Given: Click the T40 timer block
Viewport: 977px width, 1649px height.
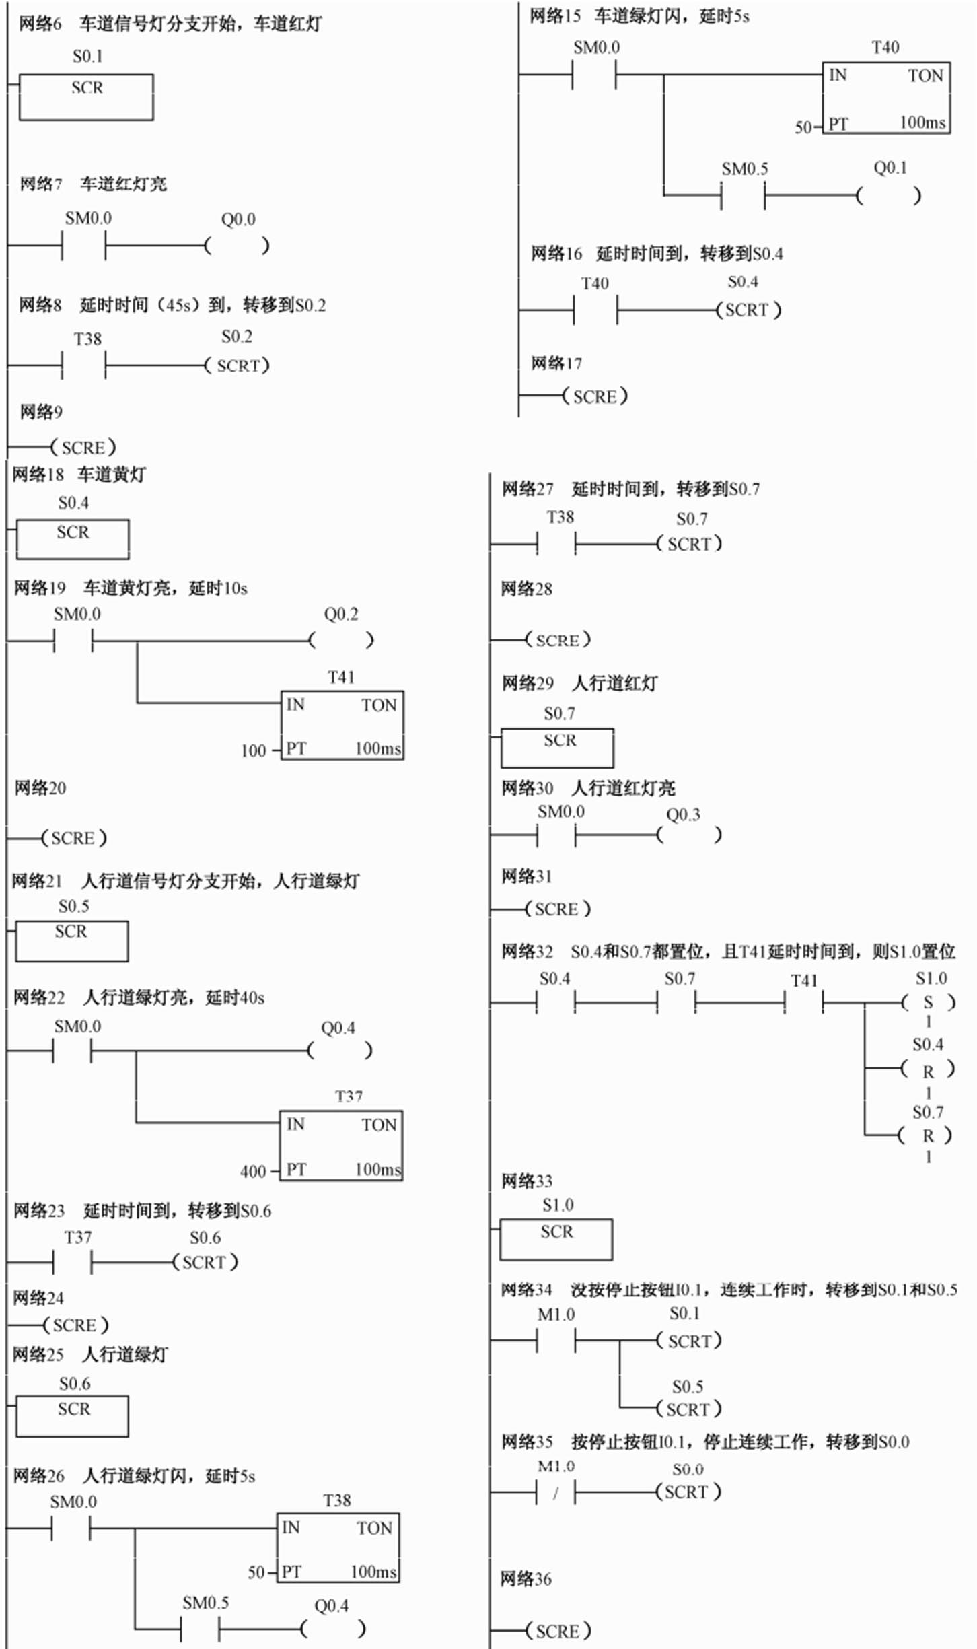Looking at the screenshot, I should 885,98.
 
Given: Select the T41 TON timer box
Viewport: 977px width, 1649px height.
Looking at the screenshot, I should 342,726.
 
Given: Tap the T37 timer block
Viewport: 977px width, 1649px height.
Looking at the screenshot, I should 341,1145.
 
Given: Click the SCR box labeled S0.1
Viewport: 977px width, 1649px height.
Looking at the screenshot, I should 86,97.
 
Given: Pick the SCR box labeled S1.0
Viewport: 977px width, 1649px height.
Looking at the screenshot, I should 556,1239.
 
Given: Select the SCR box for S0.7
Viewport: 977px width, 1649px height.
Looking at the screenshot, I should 557,747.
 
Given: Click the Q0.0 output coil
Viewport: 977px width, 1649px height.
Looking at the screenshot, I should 237,246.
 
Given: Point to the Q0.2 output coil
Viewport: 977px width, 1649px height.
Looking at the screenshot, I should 341,640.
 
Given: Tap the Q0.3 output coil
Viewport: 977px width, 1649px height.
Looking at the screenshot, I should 688,835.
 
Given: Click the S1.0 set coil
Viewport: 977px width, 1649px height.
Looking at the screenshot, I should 928,1003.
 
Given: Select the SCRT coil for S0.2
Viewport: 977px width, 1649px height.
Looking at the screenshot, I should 238,365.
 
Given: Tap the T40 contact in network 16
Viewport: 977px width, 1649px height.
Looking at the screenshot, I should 595,310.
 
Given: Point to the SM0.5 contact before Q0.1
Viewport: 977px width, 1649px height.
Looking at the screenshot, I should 743,196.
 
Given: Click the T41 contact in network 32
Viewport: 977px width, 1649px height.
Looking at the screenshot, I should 803,1004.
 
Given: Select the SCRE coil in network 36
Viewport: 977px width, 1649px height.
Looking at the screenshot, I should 558,1632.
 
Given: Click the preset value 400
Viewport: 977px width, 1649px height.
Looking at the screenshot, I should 253,1172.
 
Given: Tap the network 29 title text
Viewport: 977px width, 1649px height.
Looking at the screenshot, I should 579,684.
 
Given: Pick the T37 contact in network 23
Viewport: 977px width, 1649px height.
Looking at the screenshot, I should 72,1263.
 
